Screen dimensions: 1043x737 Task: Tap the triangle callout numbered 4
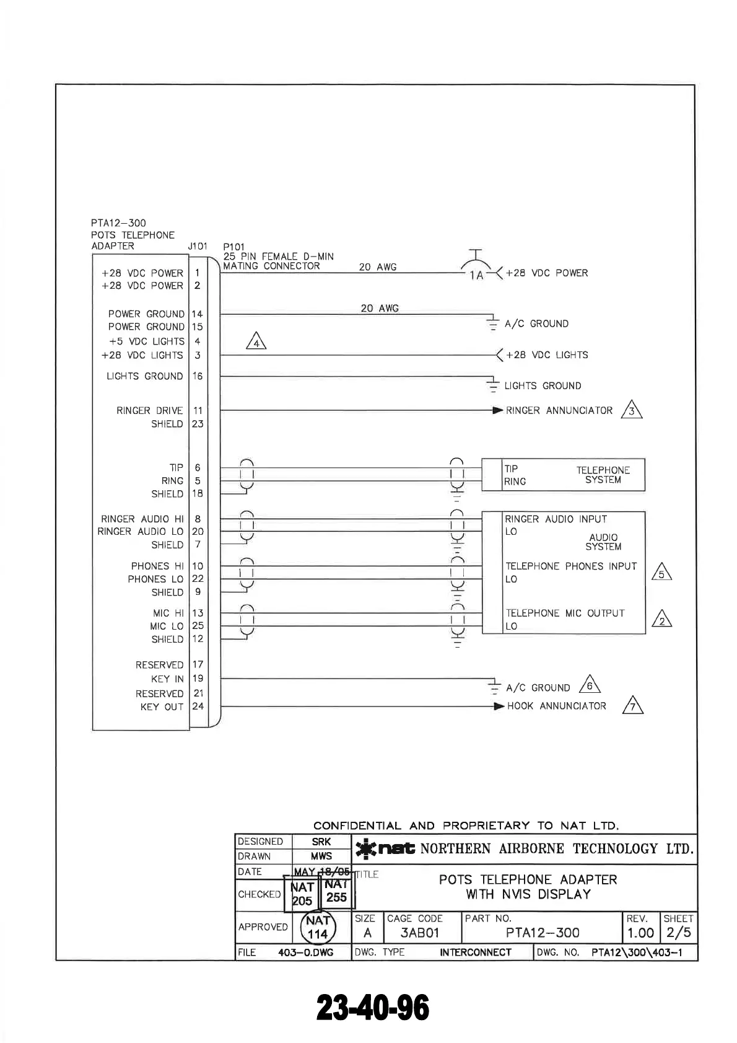pyautogui.click(x=256, y=341)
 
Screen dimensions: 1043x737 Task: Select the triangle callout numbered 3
pyautogui.click(x=632, y=410)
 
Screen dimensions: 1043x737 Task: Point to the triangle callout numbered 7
pyautogui.click(x=632, y=706)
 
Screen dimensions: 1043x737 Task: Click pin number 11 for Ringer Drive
pyautogui.click(x=198, y=410)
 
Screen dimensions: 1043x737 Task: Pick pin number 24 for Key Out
pyautogui.click(x=198, y=706)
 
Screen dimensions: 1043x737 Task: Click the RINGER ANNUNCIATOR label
pyautogui.click(x=559, y=410)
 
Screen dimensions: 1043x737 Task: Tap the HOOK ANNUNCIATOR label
pyautogui.click(x=556, y=706)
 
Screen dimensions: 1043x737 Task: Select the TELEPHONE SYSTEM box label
pyautogui.click(x=603, y=475)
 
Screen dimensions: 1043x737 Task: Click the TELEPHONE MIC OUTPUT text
pyautogui.click(x=565, y=613)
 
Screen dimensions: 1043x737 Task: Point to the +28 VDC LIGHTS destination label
pyautogui.click(x=547, y=355)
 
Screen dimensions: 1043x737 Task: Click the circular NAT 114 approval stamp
pyautogui.click(x=318, y=928)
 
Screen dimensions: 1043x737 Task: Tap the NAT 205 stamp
pyautogui.click(x=302, y=894)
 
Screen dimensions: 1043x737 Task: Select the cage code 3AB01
pyautogui.click(x=419, y=933)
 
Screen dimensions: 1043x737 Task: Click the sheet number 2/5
pyautogui.click(x=678, y=933)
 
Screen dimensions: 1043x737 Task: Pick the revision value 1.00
pyautogui.click(x=640, y=933)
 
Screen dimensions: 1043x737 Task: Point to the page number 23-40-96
pyautogui.click(x=373, y=1008)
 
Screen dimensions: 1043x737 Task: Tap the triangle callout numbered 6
pyautogui.click(x=590, y=685)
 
